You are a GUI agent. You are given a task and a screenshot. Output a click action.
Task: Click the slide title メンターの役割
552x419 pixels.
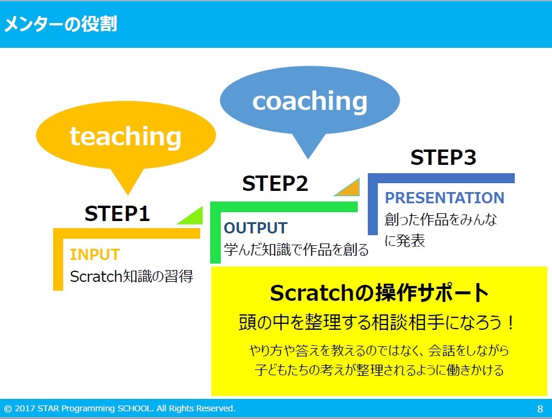(61, 24)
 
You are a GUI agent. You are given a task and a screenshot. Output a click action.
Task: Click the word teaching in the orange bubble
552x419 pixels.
(126, 137)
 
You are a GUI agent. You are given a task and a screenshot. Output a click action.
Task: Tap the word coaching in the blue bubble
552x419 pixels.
(310, 101)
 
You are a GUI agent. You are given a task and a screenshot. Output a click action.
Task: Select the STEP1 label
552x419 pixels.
(117, 213)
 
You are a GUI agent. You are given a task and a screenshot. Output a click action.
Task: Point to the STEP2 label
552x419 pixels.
(275, 183)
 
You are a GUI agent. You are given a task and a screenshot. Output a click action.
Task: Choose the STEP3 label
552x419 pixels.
(443, 157)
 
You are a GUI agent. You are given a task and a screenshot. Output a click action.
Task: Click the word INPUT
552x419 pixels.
(95, 255)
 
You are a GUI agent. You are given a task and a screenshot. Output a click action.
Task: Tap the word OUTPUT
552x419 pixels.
(256, 228)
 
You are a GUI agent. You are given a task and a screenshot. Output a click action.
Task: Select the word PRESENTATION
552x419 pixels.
(445, 198)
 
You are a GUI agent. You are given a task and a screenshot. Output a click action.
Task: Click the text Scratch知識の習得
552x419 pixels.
(132, 276)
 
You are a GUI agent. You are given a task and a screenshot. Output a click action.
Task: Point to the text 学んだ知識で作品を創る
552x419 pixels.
(296, 249)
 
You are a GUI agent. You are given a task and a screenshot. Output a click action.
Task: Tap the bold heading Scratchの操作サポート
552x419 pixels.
(379, 293)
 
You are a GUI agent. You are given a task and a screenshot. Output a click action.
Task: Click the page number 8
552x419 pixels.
(540, 409)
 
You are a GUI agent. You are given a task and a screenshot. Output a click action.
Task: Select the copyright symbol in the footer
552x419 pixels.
(8, 409)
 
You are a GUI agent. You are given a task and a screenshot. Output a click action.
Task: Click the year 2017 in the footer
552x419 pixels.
(25, 408)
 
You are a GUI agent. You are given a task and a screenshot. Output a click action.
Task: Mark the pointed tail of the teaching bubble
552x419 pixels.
(128, 194)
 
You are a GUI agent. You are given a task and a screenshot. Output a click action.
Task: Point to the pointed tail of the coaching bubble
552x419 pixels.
(308, 158)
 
